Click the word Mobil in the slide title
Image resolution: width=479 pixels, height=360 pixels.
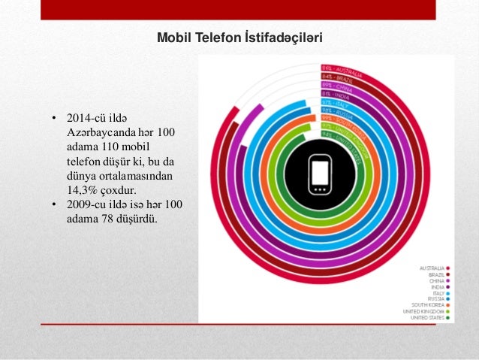click(171, 35)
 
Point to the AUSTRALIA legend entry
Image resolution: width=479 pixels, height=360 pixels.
click(432, 267)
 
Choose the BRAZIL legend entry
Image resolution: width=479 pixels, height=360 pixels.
click(435, 274)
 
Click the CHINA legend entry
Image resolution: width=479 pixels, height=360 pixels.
click(436, 281)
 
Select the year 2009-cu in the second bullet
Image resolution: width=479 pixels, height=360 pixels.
click(86, 204)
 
